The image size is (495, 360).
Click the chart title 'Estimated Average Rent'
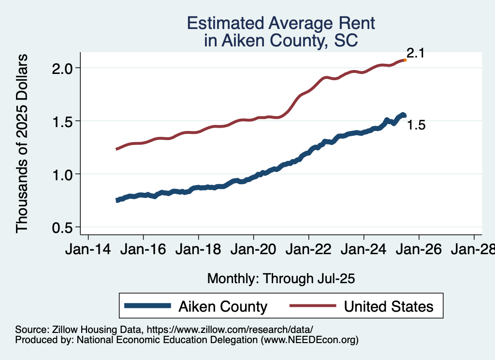point(281,23)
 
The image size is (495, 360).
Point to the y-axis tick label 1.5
point(63,121)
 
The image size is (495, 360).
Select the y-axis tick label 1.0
point(63,174)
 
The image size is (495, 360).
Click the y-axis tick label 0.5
point(63,227)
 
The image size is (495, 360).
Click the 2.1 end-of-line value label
point(415,53)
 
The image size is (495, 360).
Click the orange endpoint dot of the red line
point(405,60)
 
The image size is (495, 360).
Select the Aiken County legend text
point(223,306)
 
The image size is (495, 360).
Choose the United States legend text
point(389,306)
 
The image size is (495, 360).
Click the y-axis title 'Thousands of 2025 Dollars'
point(23,144)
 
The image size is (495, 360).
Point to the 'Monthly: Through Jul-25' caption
point(281,278)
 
